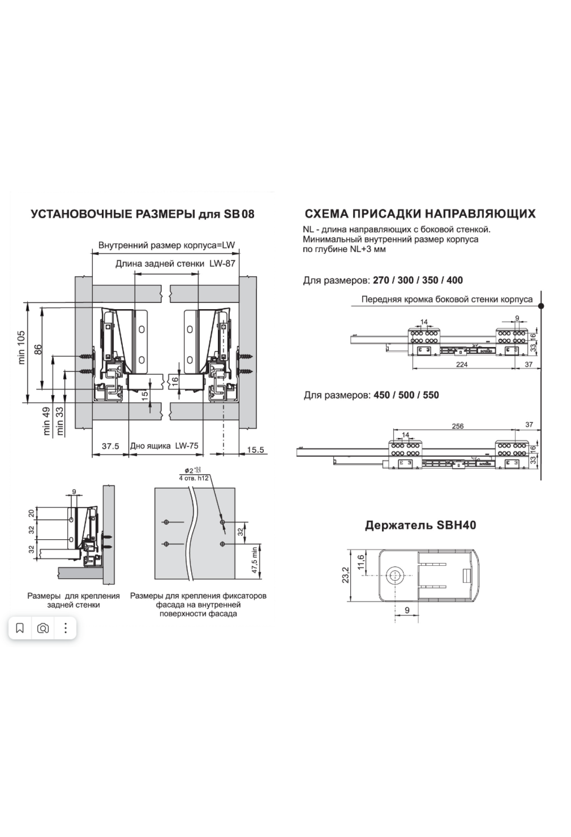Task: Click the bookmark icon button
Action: [20, 628]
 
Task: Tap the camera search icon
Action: [43, 628]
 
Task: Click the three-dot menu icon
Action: [66, 628]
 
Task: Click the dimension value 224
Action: [462, 364]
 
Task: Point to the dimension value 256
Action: [457, 426]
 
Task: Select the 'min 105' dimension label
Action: [22, 348]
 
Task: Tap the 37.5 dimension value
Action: [110, 446]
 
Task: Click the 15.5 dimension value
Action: [256, 449]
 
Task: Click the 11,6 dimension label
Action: [361, 562]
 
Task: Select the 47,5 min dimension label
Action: [255, 560]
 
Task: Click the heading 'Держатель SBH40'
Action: [420, 525]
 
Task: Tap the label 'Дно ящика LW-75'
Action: [164, 446]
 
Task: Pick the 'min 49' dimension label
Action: [47, 421]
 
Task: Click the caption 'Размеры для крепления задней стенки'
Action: [74, 600]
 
